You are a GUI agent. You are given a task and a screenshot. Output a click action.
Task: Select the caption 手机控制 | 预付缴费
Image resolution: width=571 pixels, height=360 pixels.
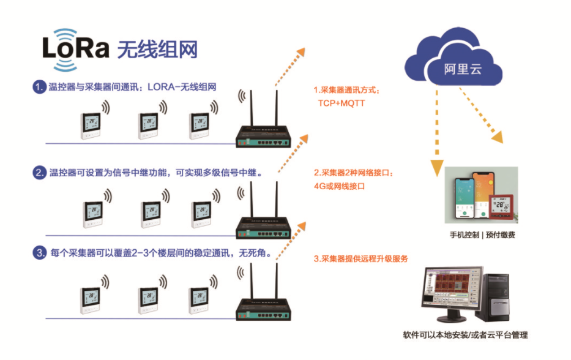coord(482,234)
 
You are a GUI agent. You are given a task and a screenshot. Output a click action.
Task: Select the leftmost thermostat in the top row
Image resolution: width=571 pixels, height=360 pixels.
coord(91,126)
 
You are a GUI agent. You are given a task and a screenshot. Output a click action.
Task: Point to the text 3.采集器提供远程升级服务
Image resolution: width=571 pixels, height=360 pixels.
coord(361,259)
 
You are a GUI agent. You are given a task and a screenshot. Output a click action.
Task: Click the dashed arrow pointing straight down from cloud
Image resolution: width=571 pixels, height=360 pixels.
coord(436,129)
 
